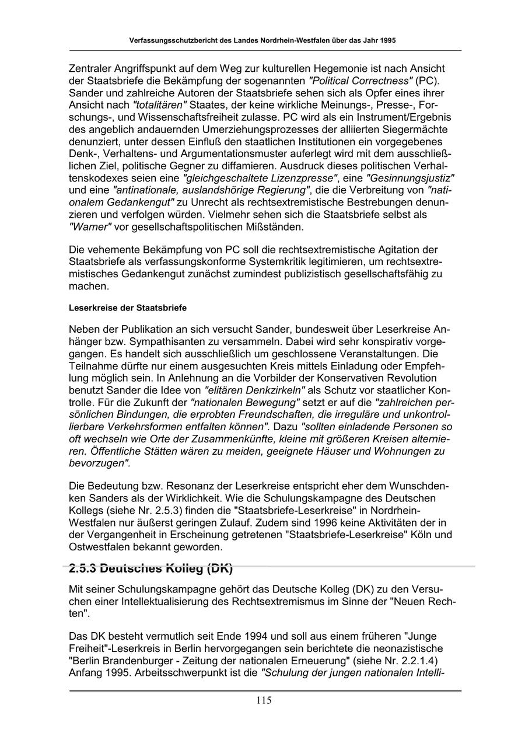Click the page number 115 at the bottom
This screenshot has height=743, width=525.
263,700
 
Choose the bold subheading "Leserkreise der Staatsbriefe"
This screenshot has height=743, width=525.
128,307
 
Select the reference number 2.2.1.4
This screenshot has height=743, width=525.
412,660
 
